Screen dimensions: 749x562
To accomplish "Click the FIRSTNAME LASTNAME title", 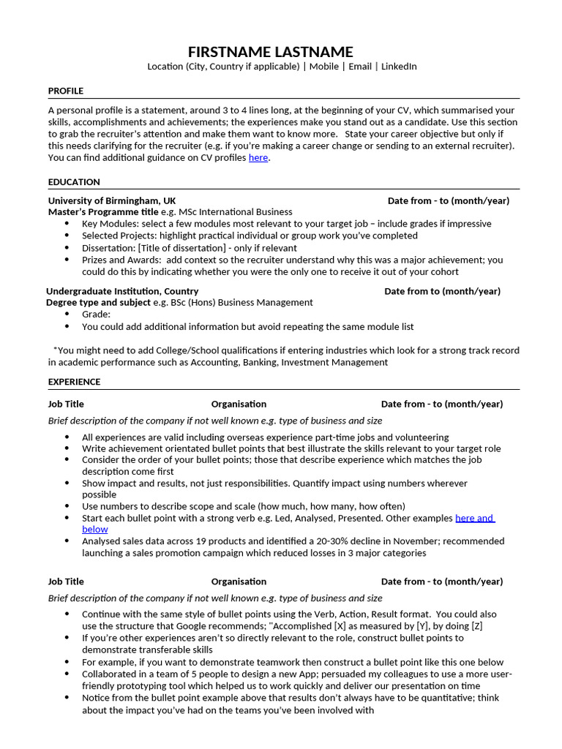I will pos(270,52).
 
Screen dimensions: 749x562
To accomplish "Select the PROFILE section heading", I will pos(66,91).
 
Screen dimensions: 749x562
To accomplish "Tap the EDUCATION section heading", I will pos(74,182).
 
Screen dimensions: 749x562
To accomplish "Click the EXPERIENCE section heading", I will pos(75,382).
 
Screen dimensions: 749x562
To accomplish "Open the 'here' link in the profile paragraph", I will pos(258,157).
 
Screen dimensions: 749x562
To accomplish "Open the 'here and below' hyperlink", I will pos(474,518).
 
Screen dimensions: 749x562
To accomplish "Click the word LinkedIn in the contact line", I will pos(399,67).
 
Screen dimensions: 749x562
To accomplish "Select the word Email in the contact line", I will pos(359,67).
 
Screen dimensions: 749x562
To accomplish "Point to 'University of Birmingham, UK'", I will pos(112,200).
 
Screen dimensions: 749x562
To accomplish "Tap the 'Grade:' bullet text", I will pos(96,314).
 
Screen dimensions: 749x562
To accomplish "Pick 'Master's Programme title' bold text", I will pos(103,212).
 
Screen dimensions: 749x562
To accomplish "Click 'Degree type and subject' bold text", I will pos(99,302).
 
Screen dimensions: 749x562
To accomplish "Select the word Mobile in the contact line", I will pos(323,67).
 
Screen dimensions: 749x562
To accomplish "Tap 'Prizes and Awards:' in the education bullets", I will pos(121,260).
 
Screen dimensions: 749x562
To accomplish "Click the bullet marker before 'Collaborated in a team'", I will pos(67,674).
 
